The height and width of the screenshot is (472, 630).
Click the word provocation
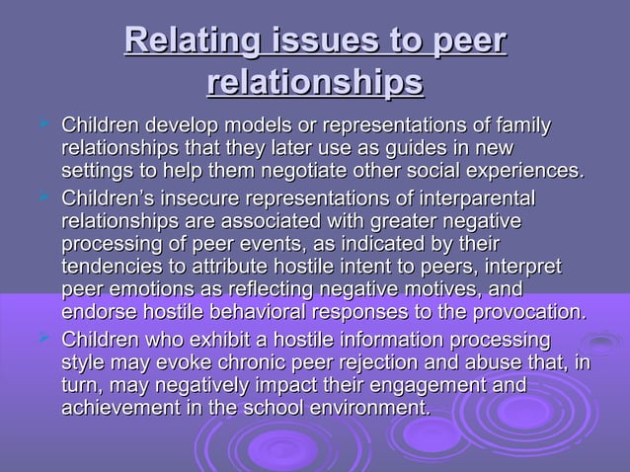coord(530,313)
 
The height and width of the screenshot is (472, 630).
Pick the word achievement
coord(118,406)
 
